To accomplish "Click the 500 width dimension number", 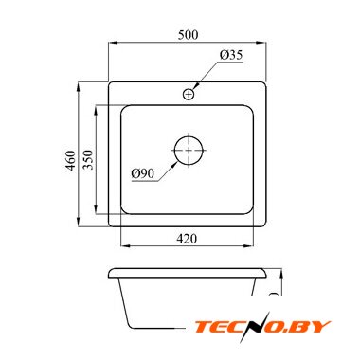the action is pyautogui.click(x=189, y=35).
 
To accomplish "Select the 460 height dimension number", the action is pyautogui.click(x=71, y=160).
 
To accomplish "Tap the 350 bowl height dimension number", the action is pyautogui.click(x=88, y=159).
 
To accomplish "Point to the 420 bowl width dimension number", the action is pyautogui.click(x=187, y=239).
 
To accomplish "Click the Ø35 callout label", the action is pyautogui.click(x=231, y=55).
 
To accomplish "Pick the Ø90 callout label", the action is pyautogui.click(x=143, y=173).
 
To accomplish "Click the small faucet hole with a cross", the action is pyautogui.click(x=189, y=94).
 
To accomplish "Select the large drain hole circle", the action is pyautogui.click(x=189, y=151).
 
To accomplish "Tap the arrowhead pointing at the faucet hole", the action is pyautogui.click(x=195, y=85).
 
